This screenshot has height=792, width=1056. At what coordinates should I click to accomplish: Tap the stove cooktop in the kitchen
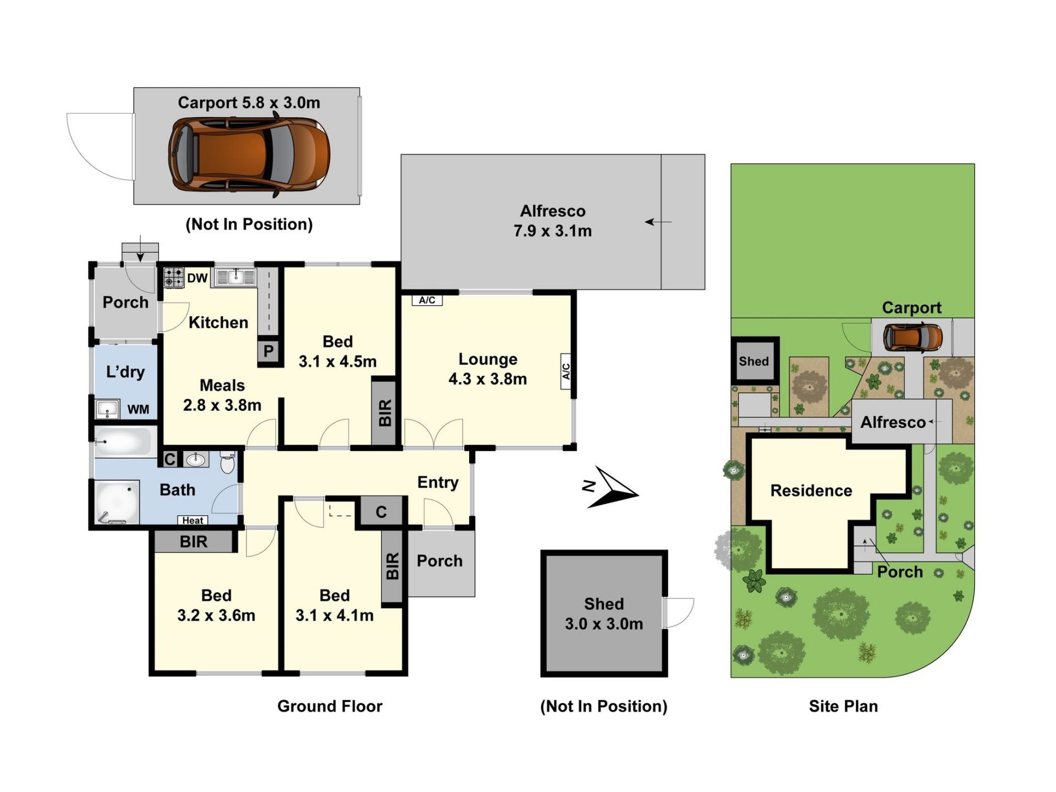point(174,278)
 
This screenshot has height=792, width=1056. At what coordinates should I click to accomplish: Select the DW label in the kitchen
point(197,278)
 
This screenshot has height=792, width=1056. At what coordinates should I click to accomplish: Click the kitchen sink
point(235,277)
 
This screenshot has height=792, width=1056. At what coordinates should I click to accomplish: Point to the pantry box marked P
point(268,351)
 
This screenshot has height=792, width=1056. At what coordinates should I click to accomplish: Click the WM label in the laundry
point(138,410)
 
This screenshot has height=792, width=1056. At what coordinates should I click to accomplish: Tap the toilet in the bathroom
point(227,463)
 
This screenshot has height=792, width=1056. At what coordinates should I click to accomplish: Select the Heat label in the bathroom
point(193,520)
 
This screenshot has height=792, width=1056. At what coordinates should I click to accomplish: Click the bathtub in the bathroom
point(123,442)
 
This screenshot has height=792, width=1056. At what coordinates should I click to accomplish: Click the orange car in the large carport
point(249,153)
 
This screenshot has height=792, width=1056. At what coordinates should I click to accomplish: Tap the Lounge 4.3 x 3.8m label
point(488,369)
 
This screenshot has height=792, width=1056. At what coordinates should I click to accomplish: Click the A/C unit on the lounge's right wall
point(566,371)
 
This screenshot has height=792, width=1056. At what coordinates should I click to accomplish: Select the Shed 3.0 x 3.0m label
point(604,614)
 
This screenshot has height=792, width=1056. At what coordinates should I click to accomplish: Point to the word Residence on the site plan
point(811,491)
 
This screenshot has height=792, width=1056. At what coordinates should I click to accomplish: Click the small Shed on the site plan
point(754,361)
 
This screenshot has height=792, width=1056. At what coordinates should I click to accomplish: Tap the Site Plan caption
point(843,706)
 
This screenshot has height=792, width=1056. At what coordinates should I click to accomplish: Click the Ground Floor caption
point(329,706)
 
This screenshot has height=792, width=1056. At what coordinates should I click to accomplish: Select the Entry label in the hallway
point(438,482)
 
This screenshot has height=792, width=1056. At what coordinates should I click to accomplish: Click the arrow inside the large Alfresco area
point(658,222)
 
